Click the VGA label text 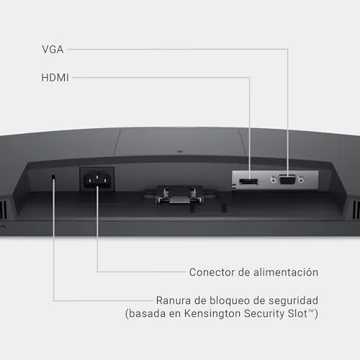coord(53,50)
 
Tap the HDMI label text coord(55,78)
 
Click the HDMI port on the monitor coord(248,181)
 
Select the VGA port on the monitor coord(287,180)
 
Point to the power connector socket coord(97,180)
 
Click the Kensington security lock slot coord(53,177)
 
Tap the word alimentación coord(286,272)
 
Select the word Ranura coord(174,300)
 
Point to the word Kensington coord(212,314)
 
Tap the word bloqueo coord(230,301)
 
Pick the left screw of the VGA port coord(273,179)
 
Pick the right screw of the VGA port coord(301,180)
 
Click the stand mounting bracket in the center coord(179,195)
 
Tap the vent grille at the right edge coord(356,210)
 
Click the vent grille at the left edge coord(4,210)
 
